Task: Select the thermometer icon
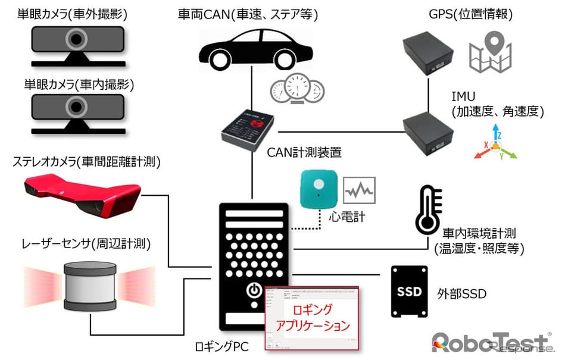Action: coord(429,208)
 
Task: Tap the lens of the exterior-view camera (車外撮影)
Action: coord(76,40)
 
